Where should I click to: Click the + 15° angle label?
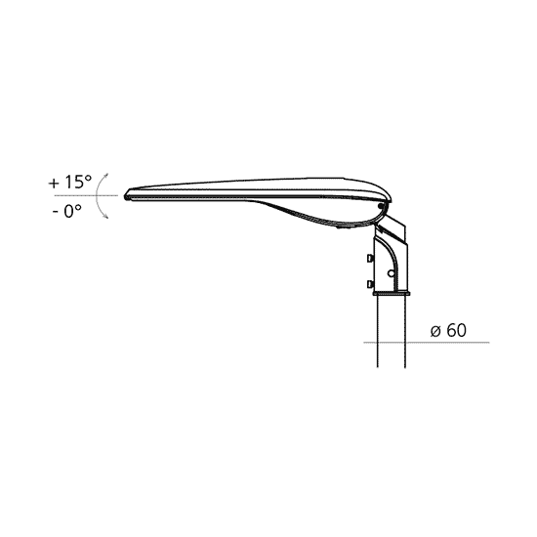(70, 183)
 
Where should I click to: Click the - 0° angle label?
(67, 211)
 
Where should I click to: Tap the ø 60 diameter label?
(448, 330)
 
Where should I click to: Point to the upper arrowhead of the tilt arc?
(106, 175)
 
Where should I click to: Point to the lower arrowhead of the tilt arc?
(106, 216)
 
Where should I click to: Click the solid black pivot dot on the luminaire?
(381, 206)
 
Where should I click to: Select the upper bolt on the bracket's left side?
(370, 258)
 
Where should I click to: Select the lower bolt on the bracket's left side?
(370, 284)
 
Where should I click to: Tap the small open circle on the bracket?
(391, 273)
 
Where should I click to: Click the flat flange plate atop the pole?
(392, 293)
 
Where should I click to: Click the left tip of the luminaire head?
(126, 196)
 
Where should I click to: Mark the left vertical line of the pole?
(378, 332)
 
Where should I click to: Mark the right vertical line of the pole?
(405, 332)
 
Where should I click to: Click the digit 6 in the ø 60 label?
(451, 330)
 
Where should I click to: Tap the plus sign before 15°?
(54, 184)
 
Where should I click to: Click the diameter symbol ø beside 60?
(435, 332)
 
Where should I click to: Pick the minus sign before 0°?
(55, 213)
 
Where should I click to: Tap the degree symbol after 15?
(88, 178)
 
